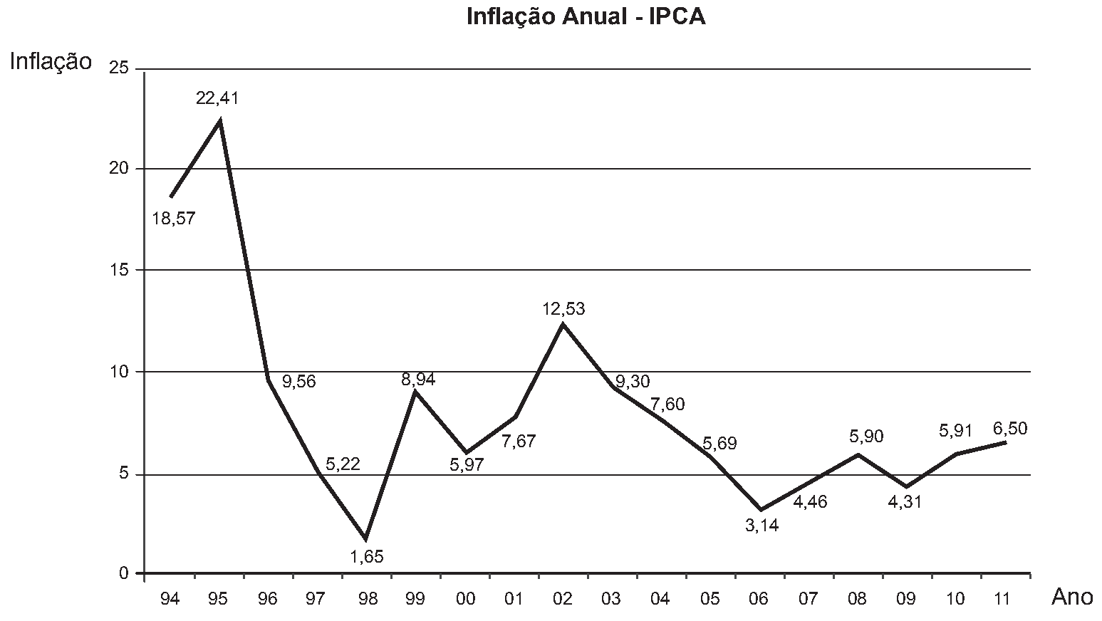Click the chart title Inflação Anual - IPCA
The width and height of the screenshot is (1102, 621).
[x=586, y=16]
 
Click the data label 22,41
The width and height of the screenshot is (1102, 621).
[x=217, y=98]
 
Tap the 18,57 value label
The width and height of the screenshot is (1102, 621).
[x=174, y=219]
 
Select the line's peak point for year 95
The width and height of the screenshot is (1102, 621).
[x=220, y=120]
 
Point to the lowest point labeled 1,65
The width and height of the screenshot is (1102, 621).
[x=365, y=539]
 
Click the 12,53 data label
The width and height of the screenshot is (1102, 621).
[x=563, y=309]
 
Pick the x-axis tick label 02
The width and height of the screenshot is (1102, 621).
[x=562, y=599]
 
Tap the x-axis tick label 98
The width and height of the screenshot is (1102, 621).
[x=367, y=599]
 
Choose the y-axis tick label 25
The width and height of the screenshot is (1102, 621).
[x=118, y=68]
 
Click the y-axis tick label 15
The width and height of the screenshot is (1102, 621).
[x=118, y=269]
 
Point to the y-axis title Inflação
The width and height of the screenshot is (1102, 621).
[x=51, y=62]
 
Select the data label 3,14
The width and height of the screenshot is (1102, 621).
[x=762, y=526]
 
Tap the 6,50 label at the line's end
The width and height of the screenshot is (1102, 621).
[x=1010, y=429]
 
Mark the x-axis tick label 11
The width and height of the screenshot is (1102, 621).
[x=1002, y=599]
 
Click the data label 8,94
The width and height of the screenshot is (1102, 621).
[x=418, y=379]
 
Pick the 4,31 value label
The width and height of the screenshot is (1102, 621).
[x=905, y=502]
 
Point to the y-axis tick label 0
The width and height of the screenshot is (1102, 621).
[x=124, y=573]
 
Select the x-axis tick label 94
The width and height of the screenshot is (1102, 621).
[x=170, y=599]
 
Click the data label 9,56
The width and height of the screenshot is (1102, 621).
[x=299, y=382]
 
